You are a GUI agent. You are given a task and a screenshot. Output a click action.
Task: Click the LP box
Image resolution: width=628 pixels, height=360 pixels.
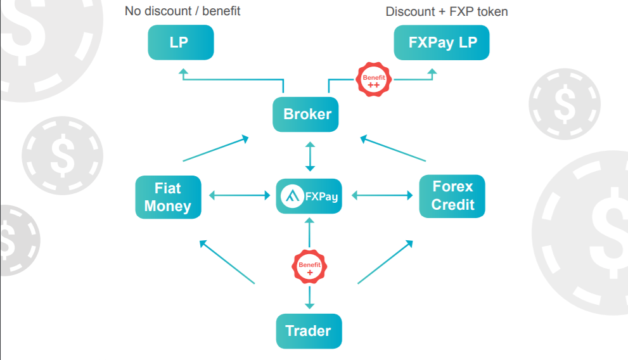point(181,42)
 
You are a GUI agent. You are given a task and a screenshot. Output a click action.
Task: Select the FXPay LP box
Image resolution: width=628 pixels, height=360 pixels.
point(442,42)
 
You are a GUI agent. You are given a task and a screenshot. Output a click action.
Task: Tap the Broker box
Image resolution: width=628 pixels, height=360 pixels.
point(307,115)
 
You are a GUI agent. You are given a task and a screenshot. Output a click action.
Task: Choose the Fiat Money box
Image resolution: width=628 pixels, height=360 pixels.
point(168,197)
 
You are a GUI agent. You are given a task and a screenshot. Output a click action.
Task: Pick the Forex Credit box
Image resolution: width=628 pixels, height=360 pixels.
point(452,196)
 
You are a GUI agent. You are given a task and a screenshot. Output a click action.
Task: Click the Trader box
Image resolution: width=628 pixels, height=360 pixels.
point(309,331)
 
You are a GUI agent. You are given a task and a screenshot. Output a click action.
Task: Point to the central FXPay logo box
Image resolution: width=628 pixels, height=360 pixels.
point(309,196)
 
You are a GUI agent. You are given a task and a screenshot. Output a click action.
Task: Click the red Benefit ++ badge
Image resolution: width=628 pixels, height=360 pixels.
point(373,80)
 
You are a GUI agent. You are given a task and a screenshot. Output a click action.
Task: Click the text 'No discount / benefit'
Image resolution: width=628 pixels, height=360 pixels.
point(183,11)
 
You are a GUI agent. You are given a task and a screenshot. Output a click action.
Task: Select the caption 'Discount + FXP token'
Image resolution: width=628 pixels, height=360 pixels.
point(447,11)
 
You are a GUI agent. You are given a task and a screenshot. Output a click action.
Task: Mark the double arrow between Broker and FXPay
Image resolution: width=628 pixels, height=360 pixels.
point(309,157)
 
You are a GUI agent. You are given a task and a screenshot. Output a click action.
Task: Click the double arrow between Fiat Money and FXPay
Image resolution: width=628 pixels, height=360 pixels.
point(239,196)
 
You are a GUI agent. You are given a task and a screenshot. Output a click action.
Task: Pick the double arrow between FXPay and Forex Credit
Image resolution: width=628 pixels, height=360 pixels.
point(382,196)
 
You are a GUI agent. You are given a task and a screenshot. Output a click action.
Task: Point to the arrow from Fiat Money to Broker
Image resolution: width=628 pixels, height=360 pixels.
point(215,148)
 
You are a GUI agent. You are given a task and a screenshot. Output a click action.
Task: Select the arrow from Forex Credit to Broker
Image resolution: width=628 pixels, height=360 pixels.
point(393,148)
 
